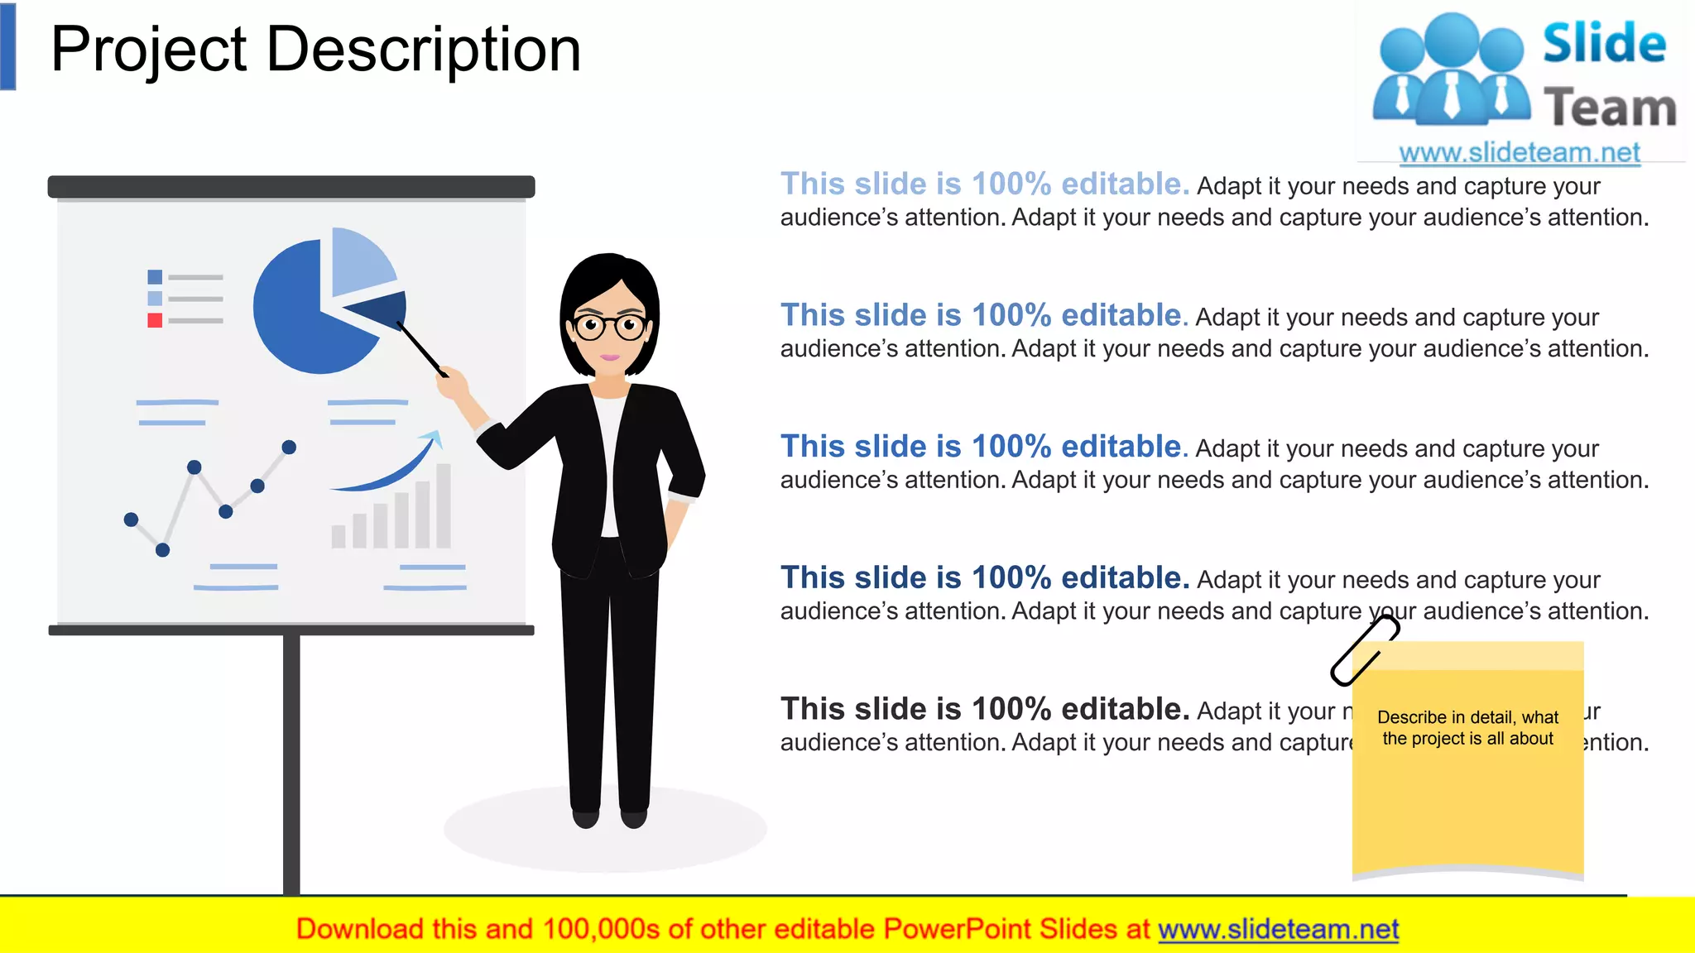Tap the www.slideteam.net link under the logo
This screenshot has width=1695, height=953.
(x=1519, y=152)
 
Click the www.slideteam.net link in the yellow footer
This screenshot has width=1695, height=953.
(x=1278, y=929)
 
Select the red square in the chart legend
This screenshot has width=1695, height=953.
(x=155, y=320)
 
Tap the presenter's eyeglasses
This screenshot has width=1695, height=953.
(x=611, y=326)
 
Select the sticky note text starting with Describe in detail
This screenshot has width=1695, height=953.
(x=1467, y=728)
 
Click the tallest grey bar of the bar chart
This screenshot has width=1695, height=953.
(x=444, y=505)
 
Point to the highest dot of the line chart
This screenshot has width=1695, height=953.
(x=289, y=448)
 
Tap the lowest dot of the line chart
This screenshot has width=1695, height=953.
(x=163, y=550)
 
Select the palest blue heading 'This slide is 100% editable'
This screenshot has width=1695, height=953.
(x=984, y=184)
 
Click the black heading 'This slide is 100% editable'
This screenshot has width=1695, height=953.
(x=984, y=709)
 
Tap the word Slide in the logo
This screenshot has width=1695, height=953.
(x=1603, y=44)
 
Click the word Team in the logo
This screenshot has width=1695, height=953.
(x=1609, y=108)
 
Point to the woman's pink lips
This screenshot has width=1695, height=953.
(x=610, y=357)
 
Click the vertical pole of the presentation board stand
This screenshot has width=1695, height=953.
(x=291, y=761)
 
